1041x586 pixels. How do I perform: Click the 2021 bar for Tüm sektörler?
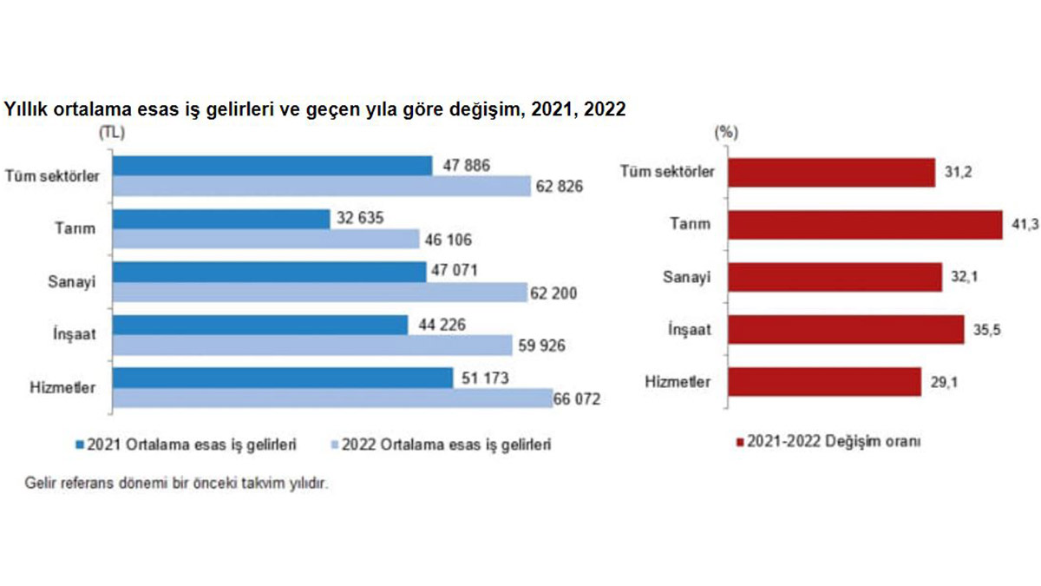[x=272, y=165]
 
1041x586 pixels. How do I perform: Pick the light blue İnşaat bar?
[x=312, y=345]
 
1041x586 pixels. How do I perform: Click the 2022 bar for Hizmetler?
[x=332, y=398]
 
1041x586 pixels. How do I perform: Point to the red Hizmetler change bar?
[x=824, y=382]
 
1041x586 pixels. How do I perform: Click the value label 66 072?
[x=577, y=398]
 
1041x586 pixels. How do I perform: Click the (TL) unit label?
[x=111, y=133]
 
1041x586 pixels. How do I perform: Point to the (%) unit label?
[x=724, y=133]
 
